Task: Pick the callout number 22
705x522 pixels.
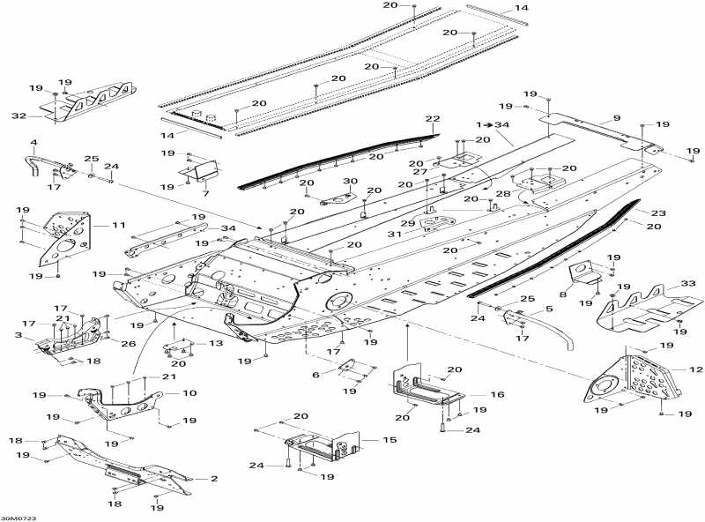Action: tap(432, 118)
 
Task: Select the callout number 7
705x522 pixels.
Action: tap(204, 193)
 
